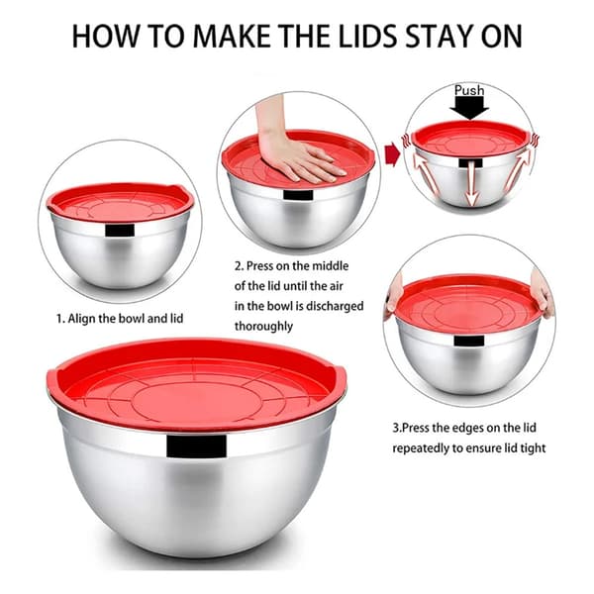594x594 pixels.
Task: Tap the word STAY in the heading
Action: pos(439,36)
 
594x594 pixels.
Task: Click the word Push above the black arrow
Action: pos(469,90)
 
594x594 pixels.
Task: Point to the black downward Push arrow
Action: pos(469,108)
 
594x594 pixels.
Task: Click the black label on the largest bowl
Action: pos(196,446)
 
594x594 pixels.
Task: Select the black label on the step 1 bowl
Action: pos(120,231)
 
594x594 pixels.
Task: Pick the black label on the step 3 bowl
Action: pos(469,341)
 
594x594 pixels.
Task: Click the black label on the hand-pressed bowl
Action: pos(298,195)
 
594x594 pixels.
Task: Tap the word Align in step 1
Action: pos(82,319)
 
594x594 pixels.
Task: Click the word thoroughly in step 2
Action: pos(263,326)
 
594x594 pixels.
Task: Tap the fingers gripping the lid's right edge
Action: pos(544,292)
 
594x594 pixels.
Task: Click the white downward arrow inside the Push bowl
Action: pos(471,184)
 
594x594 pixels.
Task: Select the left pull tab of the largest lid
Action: pos(53,379)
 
